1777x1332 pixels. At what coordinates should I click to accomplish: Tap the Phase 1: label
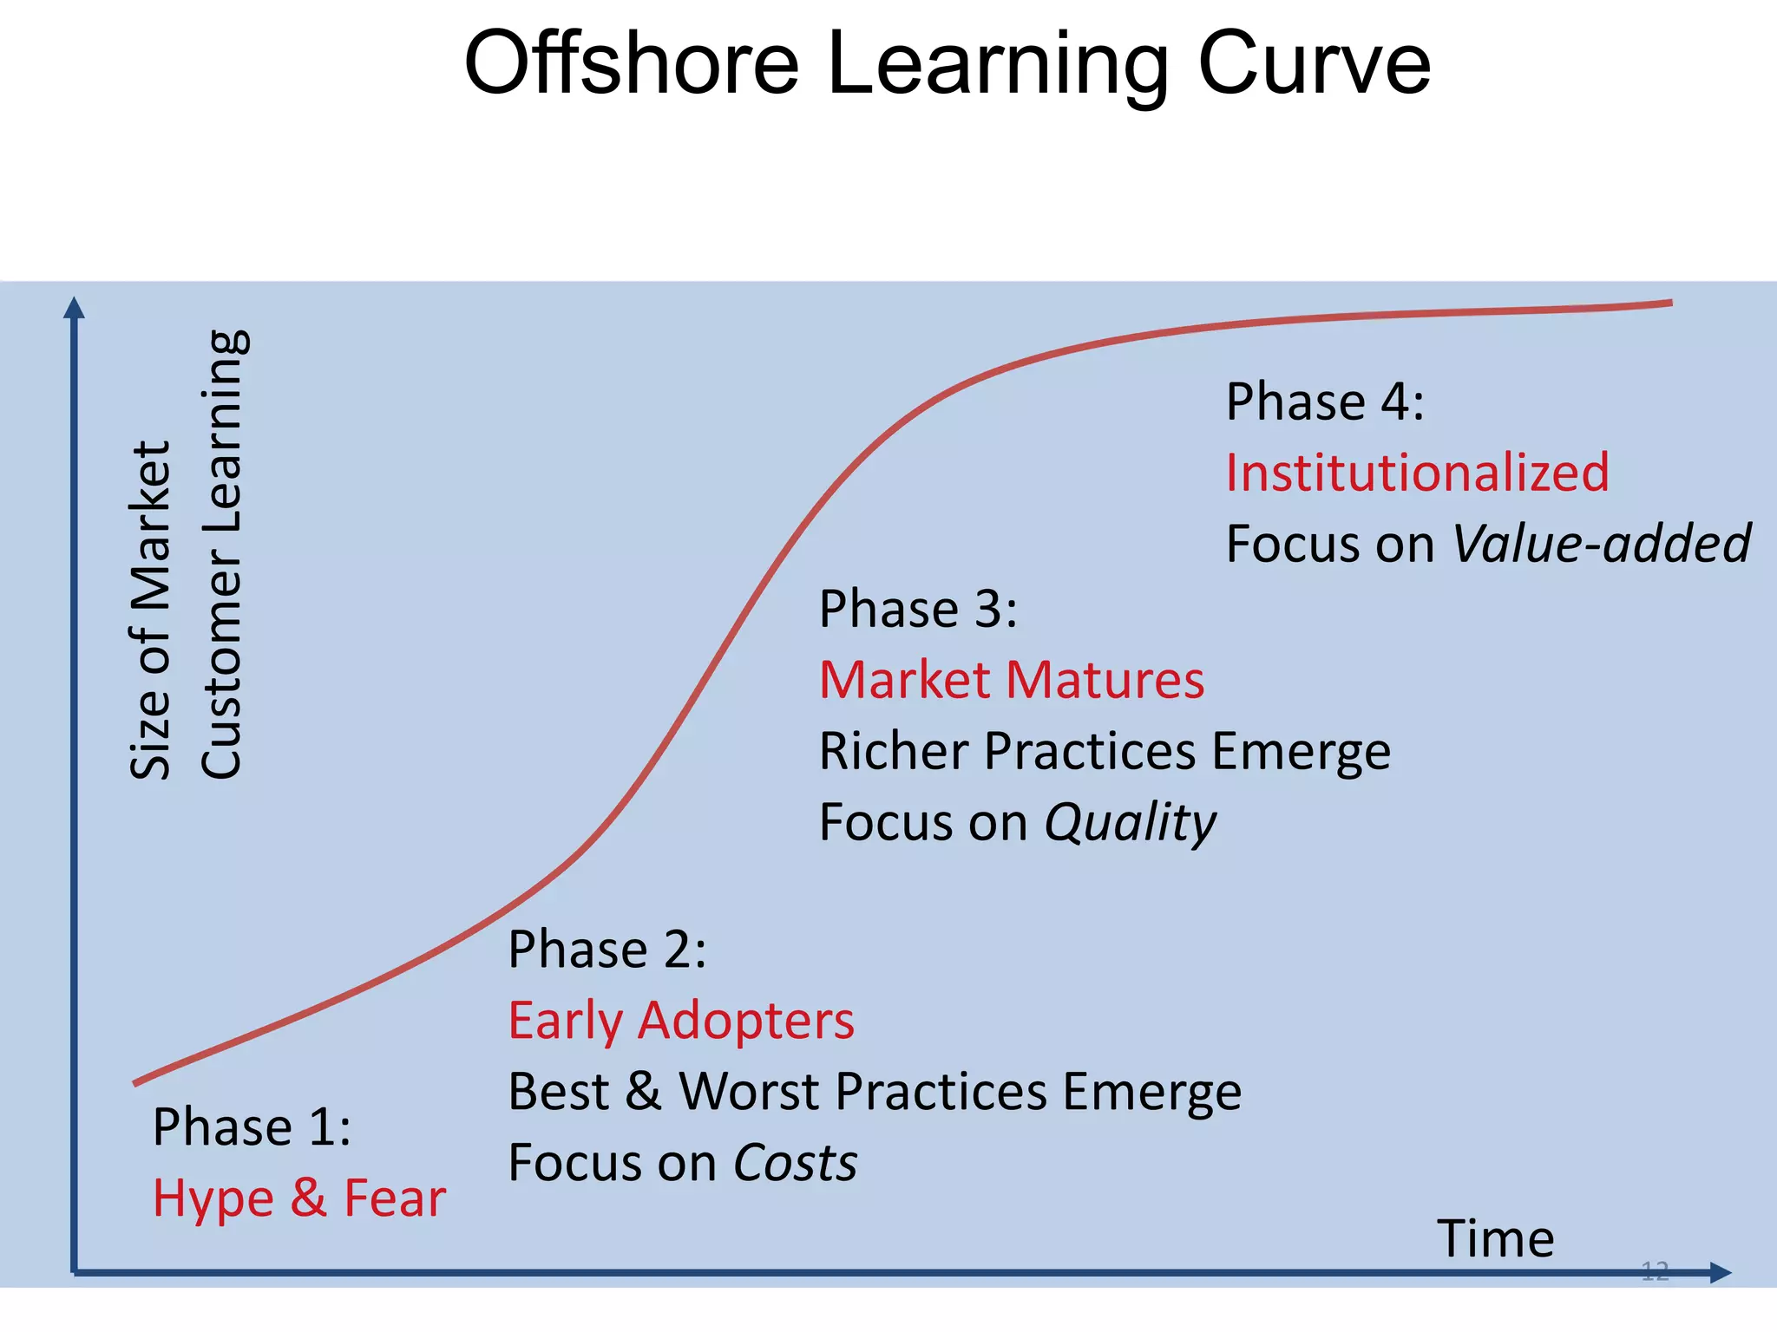tap(252, 1127)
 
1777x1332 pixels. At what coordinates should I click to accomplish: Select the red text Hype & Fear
tap(299, 1198)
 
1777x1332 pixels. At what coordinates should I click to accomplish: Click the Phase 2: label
tap(607, 950)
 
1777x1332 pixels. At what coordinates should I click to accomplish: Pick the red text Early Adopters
tap(681, 1021)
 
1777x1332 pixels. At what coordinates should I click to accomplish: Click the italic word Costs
tap(795, 1163)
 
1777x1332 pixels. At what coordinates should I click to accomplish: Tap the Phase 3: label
tap(918, 609)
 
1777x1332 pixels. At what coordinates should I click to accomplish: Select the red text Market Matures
tap(1012, 680)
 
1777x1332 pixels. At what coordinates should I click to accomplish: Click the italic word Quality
tap(1130, 823)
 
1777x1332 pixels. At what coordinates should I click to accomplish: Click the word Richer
tap(894, 751)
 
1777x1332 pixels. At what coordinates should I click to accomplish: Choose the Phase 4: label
tap(1325, 402)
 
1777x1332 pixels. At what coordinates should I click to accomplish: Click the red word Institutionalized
tap(1417, 473)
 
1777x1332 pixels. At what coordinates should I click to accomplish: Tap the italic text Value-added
tap(1601, 545)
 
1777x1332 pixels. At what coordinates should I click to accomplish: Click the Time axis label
tap(1495, 1238)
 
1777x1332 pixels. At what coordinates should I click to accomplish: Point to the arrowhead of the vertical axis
tap(75, 308)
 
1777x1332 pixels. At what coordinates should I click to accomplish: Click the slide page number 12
tap(1655, 1271)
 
